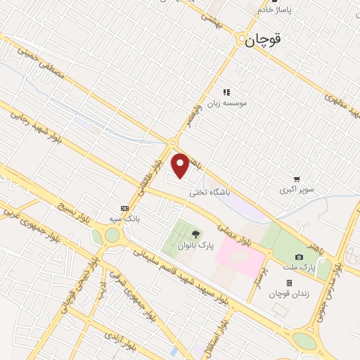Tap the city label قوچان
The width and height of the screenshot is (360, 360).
[x=264, y=40]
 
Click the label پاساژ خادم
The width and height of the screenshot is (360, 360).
[x=274, y=10]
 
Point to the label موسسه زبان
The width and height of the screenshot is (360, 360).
[x=226, y=103]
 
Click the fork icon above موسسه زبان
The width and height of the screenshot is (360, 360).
[x=226, y=92]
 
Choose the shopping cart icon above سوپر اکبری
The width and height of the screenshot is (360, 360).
[x=297, y=179]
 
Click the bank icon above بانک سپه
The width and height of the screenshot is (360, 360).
[x=125, y=208]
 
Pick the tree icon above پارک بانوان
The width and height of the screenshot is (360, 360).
[x=195, y=233]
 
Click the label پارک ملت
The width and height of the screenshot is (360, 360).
[x=300, y=267]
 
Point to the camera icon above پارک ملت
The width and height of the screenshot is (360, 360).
[x=300, y=257]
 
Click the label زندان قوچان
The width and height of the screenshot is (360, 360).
[x=289, y=292]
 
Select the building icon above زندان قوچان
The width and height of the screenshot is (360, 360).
[x=289, y=282]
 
